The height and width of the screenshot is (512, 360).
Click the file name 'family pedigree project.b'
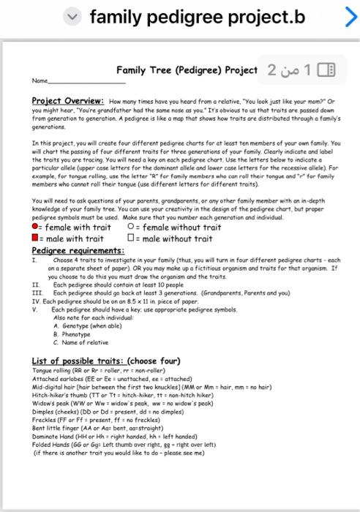[x=197, y=16]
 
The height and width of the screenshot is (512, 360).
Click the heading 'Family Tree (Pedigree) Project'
[x=187, y=70]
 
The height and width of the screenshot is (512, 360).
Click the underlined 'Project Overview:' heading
[x=69, y=101]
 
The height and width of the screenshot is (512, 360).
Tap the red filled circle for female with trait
[x=36, y=227]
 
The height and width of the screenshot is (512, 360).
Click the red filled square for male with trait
[x=36, y=238]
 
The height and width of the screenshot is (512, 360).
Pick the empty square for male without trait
[x=130, y=238]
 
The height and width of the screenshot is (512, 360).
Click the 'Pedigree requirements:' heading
[x=78, y=250]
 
